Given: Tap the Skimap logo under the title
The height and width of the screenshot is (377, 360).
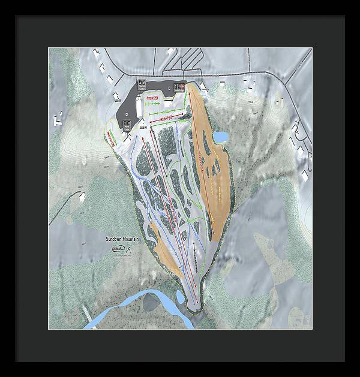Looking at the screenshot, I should point(118,249).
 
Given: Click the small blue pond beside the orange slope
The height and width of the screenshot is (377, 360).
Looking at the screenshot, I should point(221,138).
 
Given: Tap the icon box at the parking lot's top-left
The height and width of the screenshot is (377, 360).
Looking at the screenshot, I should point(142,83).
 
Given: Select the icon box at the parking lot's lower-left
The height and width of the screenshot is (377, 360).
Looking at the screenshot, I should point(127,124).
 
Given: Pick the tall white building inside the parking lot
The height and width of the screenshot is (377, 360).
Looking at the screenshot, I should point(140,108).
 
